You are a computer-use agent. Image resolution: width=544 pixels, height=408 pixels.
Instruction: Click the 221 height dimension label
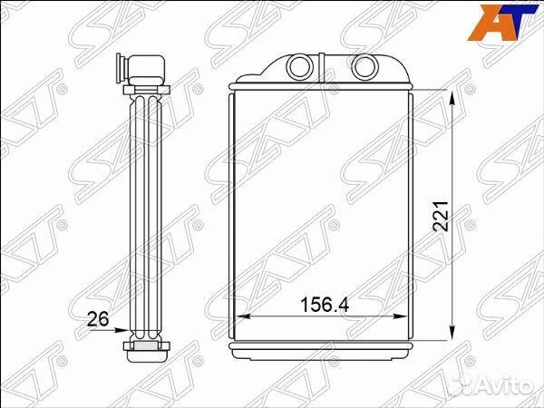[441, 216]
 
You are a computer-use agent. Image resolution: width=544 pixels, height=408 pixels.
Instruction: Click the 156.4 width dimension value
[325, 305]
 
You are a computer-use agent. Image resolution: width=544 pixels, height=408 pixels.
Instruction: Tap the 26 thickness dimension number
[98, 319]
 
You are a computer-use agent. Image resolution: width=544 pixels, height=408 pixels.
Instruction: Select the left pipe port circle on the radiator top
[299, 66]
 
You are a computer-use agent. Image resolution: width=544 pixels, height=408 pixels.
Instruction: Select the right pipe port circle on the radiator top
[365, 66]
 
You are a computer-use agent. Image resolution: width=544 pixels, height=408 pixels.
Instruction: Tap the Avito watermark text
[490, 384]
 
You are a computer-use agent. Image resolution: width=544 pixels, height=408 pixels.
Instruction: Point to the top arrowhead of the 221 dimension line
[452, 98]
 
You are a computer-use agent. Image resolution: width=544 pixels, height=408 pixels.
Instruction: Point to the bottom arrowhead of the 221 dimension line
[452, 333]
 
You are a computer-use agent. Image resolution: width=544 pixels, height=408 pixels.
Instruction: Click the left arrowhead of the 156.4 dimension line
[242, 316]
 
